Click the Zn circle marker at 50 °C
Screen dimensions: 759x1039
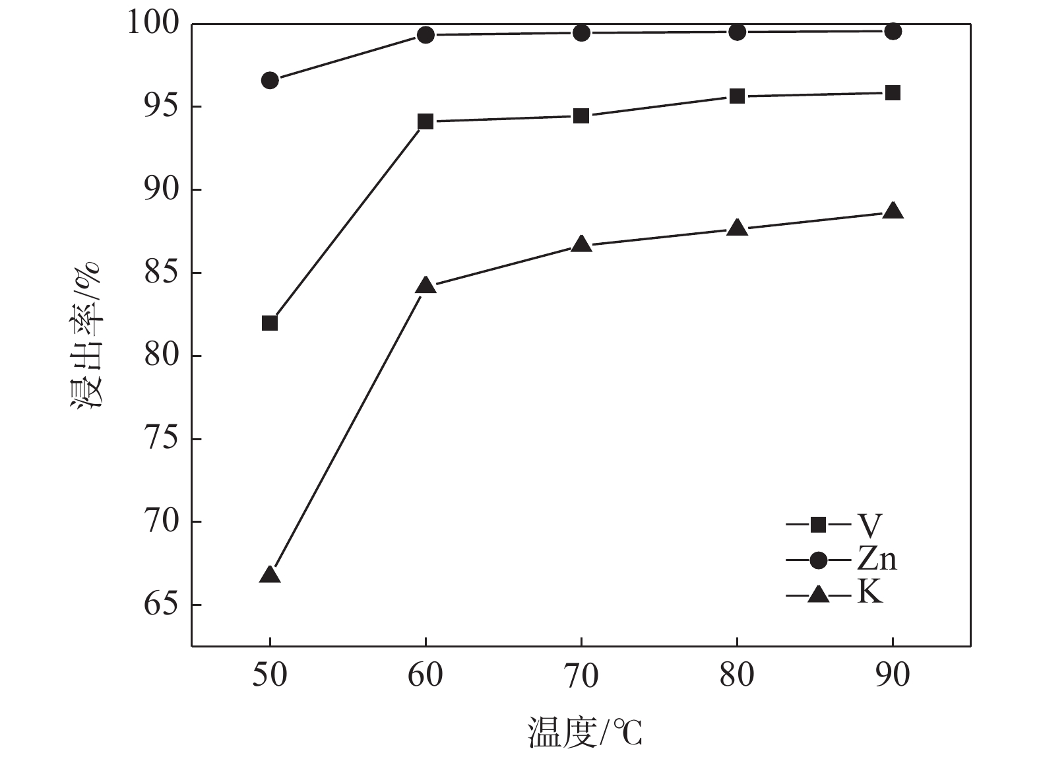[x=270, y=81]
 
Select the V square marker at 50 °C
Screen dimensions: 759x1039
[x=270, y=323]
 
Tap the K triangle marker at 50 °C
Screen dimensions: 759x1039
[x=270, y=574]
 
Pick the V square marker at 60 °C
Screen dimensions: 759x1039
[x=425, y=121]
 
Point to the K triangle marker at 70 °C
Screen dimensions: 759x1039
[x=581, y=244]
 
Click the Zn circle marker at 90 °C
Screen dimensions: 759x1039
[x=893, y=31]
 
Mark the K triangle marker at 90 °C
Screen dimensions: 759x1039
[x=893, y=211]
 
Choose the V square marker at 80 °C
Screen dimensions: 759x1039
[x=737, y=96]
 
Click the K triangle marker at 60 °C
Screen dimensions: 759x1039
[x=425, y=286]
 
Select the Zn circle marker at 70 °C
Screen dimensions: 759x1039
[x=581, y=32]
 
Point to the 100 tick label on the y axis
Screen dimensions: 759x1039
[x=156, y=24]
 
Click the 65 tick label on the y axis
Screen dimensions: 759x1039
[x=162, y=605]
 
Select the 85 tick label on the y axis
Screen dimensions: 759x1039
[x=162, y=273]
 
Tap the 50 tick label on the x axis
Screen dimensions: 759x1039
[x=270, y=675]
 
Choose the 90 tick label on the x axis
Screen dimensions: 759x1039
[x=893, y=675]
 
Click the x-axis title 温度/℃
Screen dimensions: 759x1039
[x=584, y=733]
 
